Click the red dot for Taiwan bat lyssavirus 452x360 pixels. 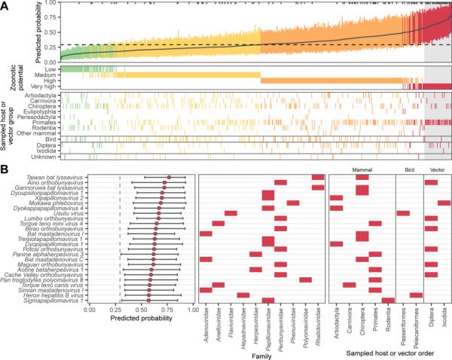point(169,177)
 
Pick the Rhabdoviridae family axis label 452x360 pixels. point(316,322)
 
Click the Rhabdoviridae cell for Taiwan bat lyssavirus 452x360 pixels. point(318,177)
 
